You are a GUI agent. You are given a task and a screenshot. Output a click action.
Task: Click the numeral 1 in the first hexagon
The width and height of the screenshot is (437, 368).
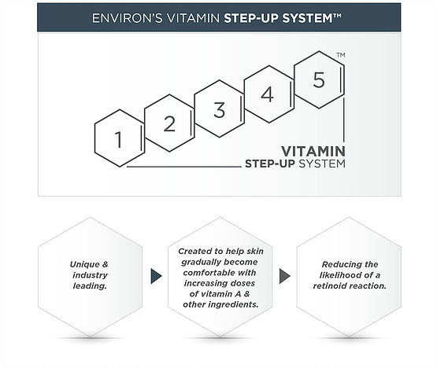[119, 139]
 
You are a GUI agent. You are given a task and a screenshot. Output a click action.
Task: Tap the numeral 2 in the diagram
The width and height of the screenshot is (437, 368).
[169, 123]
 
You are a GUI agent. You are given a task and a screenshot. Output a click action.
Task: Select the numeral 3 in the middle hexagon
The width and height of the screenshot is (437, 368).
[220, 109]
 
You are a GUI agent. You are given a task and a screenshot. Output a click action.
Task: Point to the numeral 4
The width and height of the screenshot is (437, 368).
[267, 94]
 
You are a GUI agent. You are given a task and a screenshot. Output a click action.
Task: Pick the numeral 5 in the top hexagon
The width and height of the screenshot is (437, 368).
[319, 79]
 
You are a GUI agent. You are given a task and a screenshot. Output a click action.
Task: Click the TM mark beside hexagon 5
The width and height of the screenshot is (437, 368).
[341, 55]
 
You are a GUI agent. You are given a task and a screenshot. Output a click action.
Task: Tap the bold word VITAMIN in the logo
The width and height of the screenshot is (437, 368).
[313, 152]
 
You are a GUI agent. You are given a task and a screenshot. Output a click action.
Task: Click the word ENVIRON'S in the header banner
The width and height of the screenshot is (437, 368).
[127, 18]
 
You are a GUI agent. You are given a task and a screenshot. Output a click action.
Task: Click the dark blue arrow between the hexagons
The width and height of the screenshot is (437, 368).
[156, 276]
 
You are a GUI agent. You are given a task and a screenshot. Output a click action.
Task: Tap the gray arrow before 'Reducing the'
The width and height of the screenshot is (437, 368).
[285, 276]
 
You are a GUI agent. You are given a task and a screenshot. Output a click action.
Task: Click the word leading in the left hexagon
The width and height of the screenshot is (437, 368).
[90, 286]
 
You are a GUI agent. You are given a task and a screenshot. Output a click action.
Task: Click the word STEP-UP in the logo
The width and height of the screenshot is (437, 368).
[270, 164]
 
